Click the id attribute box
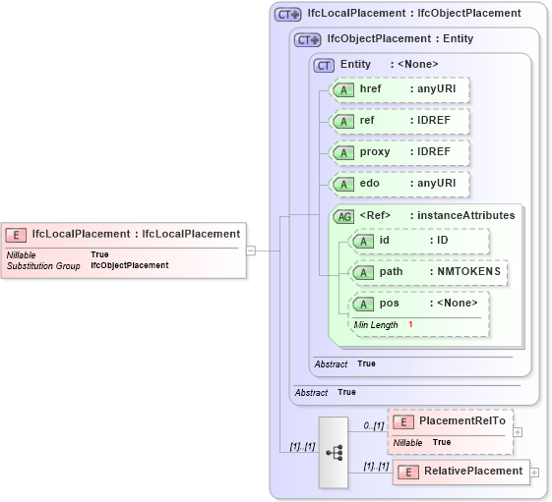point(418,241)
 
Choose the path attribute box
point(428,272)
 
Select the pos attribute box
point(418,304)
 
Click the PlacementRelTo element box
point(450,421)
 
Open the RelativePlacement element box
point(460,472)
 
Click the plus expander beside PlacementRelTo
point(518,431)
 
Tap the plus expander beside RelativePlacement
point(535,473)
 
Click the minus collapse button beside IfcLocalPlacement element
point(251,251)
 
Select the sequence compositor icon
point(334,452)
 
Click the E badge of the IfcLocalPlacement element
point(16,235)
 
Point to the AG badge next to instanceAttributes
point(344,216)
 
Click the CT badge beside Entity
point(324,65)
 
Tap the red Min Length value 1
point(410,325)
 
